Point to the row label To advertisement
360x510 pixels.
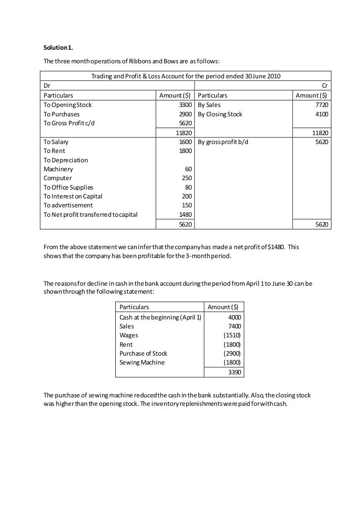pyautogui.click(x=68, y=205)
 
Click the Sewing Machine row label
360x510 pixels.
pyautogui.click(x=142, y=362)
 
